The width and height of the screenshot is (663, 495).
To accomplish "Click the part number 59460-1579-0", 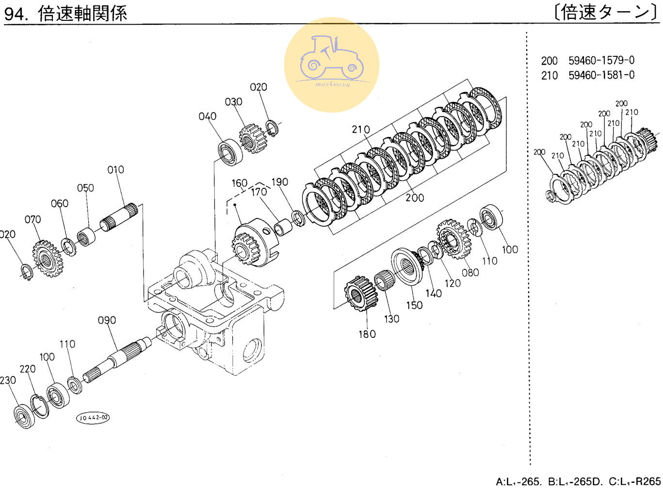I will click(601, 61).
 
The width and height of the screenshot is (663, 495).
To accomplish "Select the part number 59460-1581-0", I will click(601, 75).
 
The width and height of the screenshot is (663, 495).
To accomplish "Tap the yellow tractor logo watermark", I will click(332, 65).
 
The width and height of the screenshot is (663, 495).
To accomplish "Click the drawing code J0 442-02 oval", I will click(93, 418).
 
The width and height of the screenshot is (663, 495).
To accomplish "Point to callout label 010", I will click(115, 170).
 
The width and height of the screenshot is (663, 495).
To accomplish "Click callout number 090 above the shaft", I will click(107, 320).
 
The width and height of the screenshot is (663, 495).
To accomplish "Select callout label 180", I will click(367, 334).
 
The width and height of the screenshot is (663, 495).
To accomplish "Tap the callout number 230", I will click(8, 380).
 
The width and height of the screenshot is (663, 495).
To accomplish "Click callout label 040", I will click(207, 116).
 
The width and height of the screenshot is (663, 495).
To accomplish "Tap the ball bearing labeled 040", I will click(230, 152).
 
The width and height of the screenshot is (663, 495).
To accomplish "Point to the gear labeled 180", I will click(360, 293).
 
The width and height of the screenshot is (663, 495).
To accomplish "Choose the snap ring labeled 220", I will click(39, 406).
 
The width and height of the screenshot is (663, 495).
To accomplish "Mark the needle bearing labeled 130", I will click(385, 280).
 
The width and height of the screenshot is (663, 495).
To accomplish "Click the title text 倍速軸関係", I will click(82, 13).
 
